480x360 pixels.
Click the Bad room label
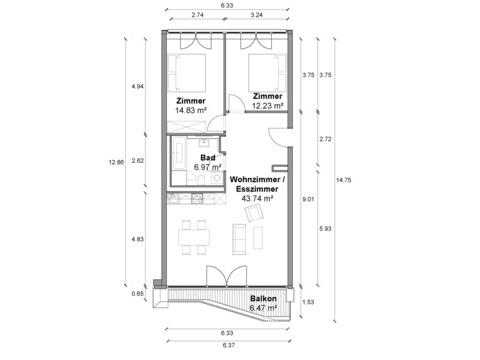click(x=208, y=158)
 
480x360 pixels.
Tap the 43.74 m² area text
click(x=257, y=199)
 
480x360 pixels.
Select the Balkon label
click(x=263, y=298)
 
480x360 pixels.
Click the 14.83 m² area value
click(x=191, y=110)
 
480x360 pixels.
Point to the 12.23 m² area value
click(x=268, y=106)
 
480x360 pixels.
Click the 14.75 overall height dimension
click(x=343, y=180)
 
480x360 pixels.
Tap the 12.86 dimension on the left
click(x=116, y=163)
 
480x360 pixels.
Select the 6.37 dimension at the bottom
click(x=229, y=345)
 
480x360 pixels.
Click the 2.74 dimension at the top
click(x=198, y=15)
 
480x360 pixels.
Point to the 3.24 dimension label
click(x=257, y=15)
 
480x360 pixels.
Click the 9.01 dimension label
click(x=308, y=200)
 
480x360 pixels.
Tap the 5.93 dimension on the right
click(x=325, y=229)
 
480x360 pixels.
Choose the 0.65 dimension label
click(x=138, y=294)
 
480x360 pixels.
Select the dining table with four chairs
click(x=194, y=237)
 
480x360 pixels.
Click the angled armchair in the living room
click(x=254, y=213)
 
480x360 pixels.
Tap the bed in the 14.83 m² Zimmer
click(x=186, y=73)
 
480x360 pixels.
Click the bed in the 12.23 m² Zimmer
click(x=267, y=73)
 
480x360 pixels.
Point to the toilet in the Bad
click(x=201, y=180)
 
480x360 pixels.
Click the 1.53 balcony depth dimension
click(x=308, y=302)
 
